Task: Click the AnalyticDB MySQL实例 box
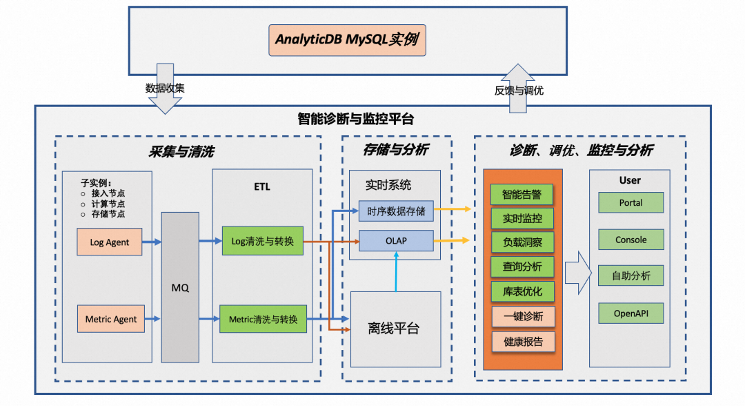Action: pos(347,41)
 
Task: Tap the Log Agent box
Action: pos(109,242)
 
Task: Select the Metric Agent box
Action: pos(110,319)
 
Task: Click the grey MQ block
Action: pos(180,288)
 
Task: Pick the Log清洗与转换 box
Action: pos(263,241)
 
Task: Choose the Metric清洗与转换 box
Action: pos(264,319)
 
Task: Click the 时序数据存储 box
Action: pos(396,211)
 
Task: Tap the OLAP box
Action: pos(396,240)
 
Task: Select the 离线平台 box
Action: pos(396,329)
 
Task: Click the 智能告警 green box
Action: pos(521,195)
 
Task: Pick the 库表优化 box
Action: pos(522,291)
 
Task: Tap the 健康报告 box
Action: pos(523,342)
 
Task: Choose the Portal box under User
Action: pos(631,202)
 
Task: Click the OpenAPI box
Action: pos(631,313)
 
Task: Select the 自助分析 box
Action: pos(631,275)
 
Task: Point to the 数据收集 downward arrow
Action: pos(165,89)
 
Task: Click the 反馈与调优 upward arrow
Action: pos(518,88)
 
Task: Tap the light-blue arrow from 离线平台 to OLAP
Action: pos(396,271)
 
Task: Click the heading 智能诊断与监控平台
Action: pos(356,119)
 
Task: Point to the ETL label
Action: pos(262,187)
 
